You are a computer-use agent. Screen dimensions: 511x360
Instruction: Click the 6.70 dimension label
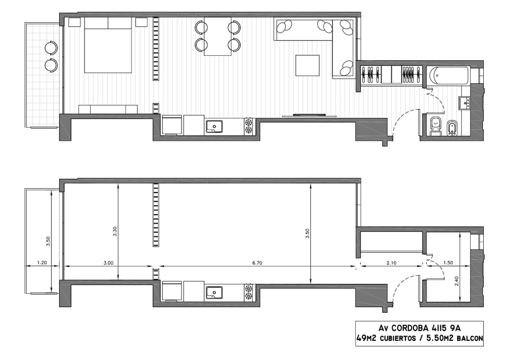(257, 263)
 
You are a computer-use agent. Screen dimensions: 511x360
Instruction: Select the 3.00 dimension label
(108, 263)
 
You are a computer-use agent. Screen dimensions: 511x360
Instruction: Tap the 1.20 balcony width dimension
(42, 263)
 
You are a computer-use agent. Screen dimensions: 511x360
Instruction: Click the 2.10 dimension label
(391, 263)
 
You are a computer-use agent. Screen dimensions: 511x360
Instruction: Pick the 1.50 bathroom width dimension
(448, 263)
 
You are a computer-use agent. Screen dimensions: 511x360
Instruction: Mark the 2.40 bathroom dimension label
(456, 281)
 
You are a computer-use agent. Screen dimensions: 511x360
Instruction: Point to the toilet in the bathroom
(436, 127)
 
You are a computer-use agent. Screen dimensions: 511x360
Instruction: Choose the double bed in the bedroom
(108, 45)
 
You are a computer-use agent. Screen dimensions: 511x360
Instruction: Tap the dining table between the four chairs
(218, 36)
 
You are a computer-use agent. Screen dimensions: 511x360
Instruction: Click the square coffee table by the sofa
(307, 66)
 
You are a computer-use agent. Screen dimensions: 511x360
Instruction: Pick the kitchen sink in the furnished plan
(214, 127)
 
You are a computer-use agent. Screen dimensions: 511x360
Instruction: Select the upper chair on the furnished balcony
(52, 48)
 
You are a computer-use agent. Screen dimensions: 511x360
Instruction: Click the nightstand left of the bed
(75, 22)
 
